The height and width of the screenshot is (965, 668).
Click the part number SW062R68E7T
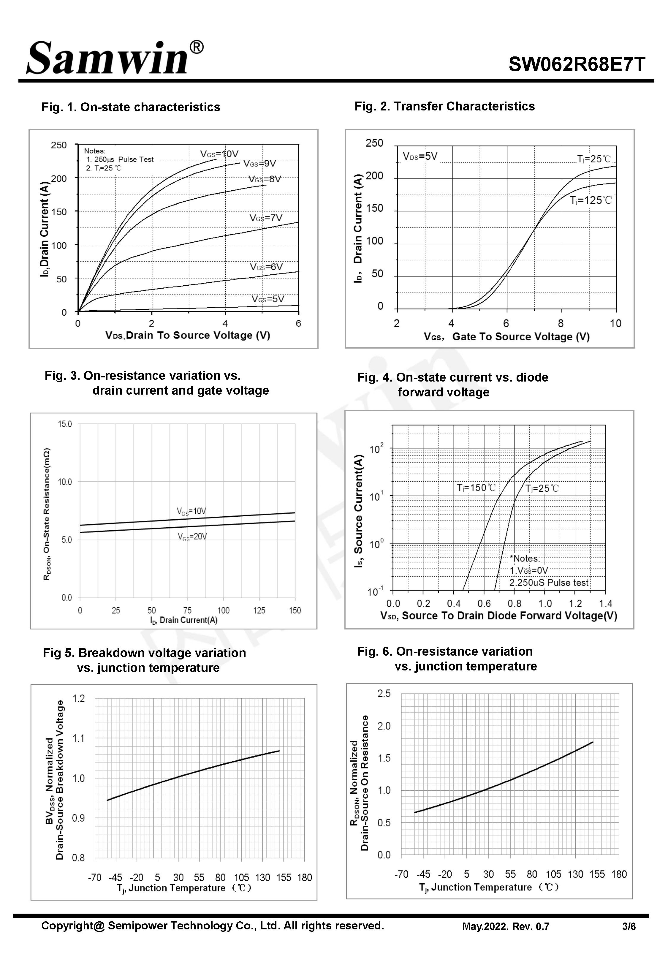point(577,64)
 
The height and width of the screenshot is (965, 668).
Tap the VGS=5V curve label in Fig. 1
point(267,299)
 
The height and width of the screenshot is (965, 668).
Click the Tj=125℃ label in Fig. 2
point(591,200)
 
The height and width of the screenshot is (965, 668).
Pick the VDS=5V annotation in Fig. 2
point(420,156)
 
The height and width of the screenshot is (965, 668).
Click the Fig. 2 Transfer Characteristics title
point(444,106)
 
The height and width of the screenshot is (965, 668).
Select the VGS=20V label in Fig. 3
point(192,537)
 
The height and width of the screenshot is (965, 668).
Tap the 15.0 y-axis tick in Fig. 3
point(65,424)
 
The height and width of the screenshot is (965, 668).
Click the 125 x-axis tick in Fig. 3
point(259,610)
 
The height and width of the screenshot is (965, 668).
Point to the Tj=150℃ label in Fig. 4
point(476,488)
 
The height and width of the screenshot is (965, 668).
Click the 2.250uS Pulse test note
point(548,583)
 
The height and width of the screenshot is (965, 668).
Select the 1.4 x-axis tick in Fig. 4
point(605,603)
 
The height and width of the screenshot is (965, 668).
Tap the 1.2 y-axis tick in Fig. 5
point(79,698)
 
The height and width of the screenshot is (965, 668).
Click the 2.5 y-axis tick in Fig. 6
point(384,693)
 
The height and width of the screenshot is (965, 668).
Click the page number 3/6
point(629,926)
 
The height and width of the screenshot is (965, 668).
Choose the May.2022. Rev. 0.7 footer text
point(505,926)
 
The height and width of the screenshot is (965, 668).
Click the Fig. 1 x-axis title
point(188,335)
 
